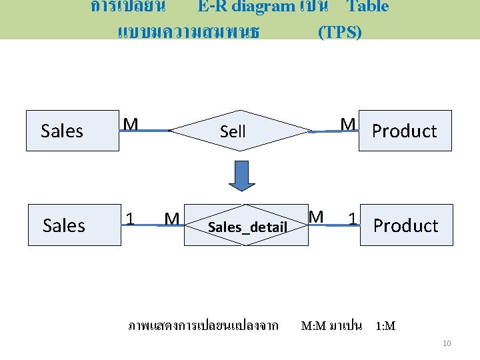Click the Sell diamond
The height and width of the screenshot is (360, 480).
tap(233, 131)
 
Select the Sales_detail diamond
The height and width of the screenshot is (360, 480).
tap(247, 227)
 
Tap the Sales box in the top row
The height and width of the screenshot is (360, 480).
tap(62, 131)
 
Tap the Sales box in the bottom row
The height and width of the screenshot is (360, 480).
tap(64, 225)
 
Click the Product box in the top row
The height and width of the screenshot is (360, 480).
tap(405, 131)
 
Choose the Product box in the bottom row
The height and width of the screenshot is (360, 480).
tap(406, 225)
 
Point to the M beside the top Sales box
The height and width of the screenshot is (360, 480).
tap(131, 125)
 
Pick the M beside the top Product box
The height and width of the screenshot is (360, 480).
tap(347, 125)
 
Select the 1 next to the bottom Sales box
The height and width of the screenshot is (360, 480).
tap(132, 218)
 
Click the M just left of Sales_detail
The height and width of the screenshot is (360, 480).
tap(171, 219)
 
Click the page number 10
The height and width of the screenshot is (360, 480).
tap(447, 343)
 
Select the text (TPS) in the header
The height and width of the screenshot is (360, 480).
tap(340, 32)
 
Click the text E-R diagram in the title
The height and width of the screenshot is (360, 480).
tap(246, 7)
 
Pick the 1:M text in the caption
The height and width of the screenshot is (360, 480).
tap(385, 326)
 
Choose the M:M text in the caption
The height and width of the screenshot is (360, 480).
tap(313, 326)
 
